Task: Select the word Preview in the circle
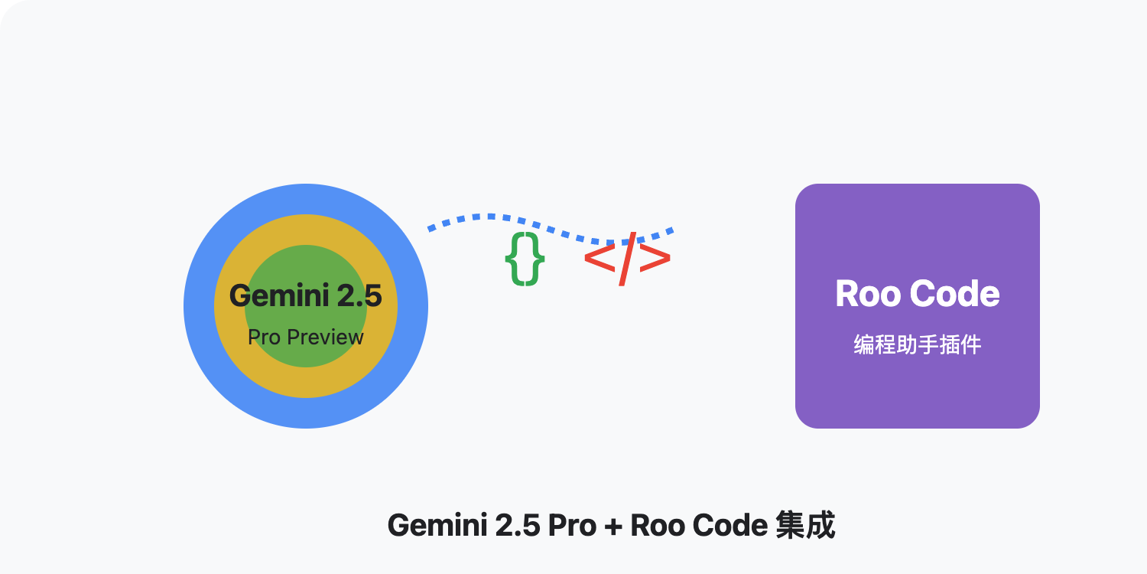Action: [x=321, y=337]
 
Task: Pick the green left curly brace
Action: [x=515, y=259]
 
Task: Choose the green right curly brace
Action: [x=536, y=259]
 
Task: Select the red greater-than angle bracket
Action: [x=655, y=259]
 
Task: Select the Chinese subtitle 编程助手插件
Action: [x=918, y=345]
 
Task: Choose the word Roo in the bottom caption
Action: [x=657, y=526]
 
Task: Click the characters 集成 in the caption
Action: [x=804, y=526]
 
